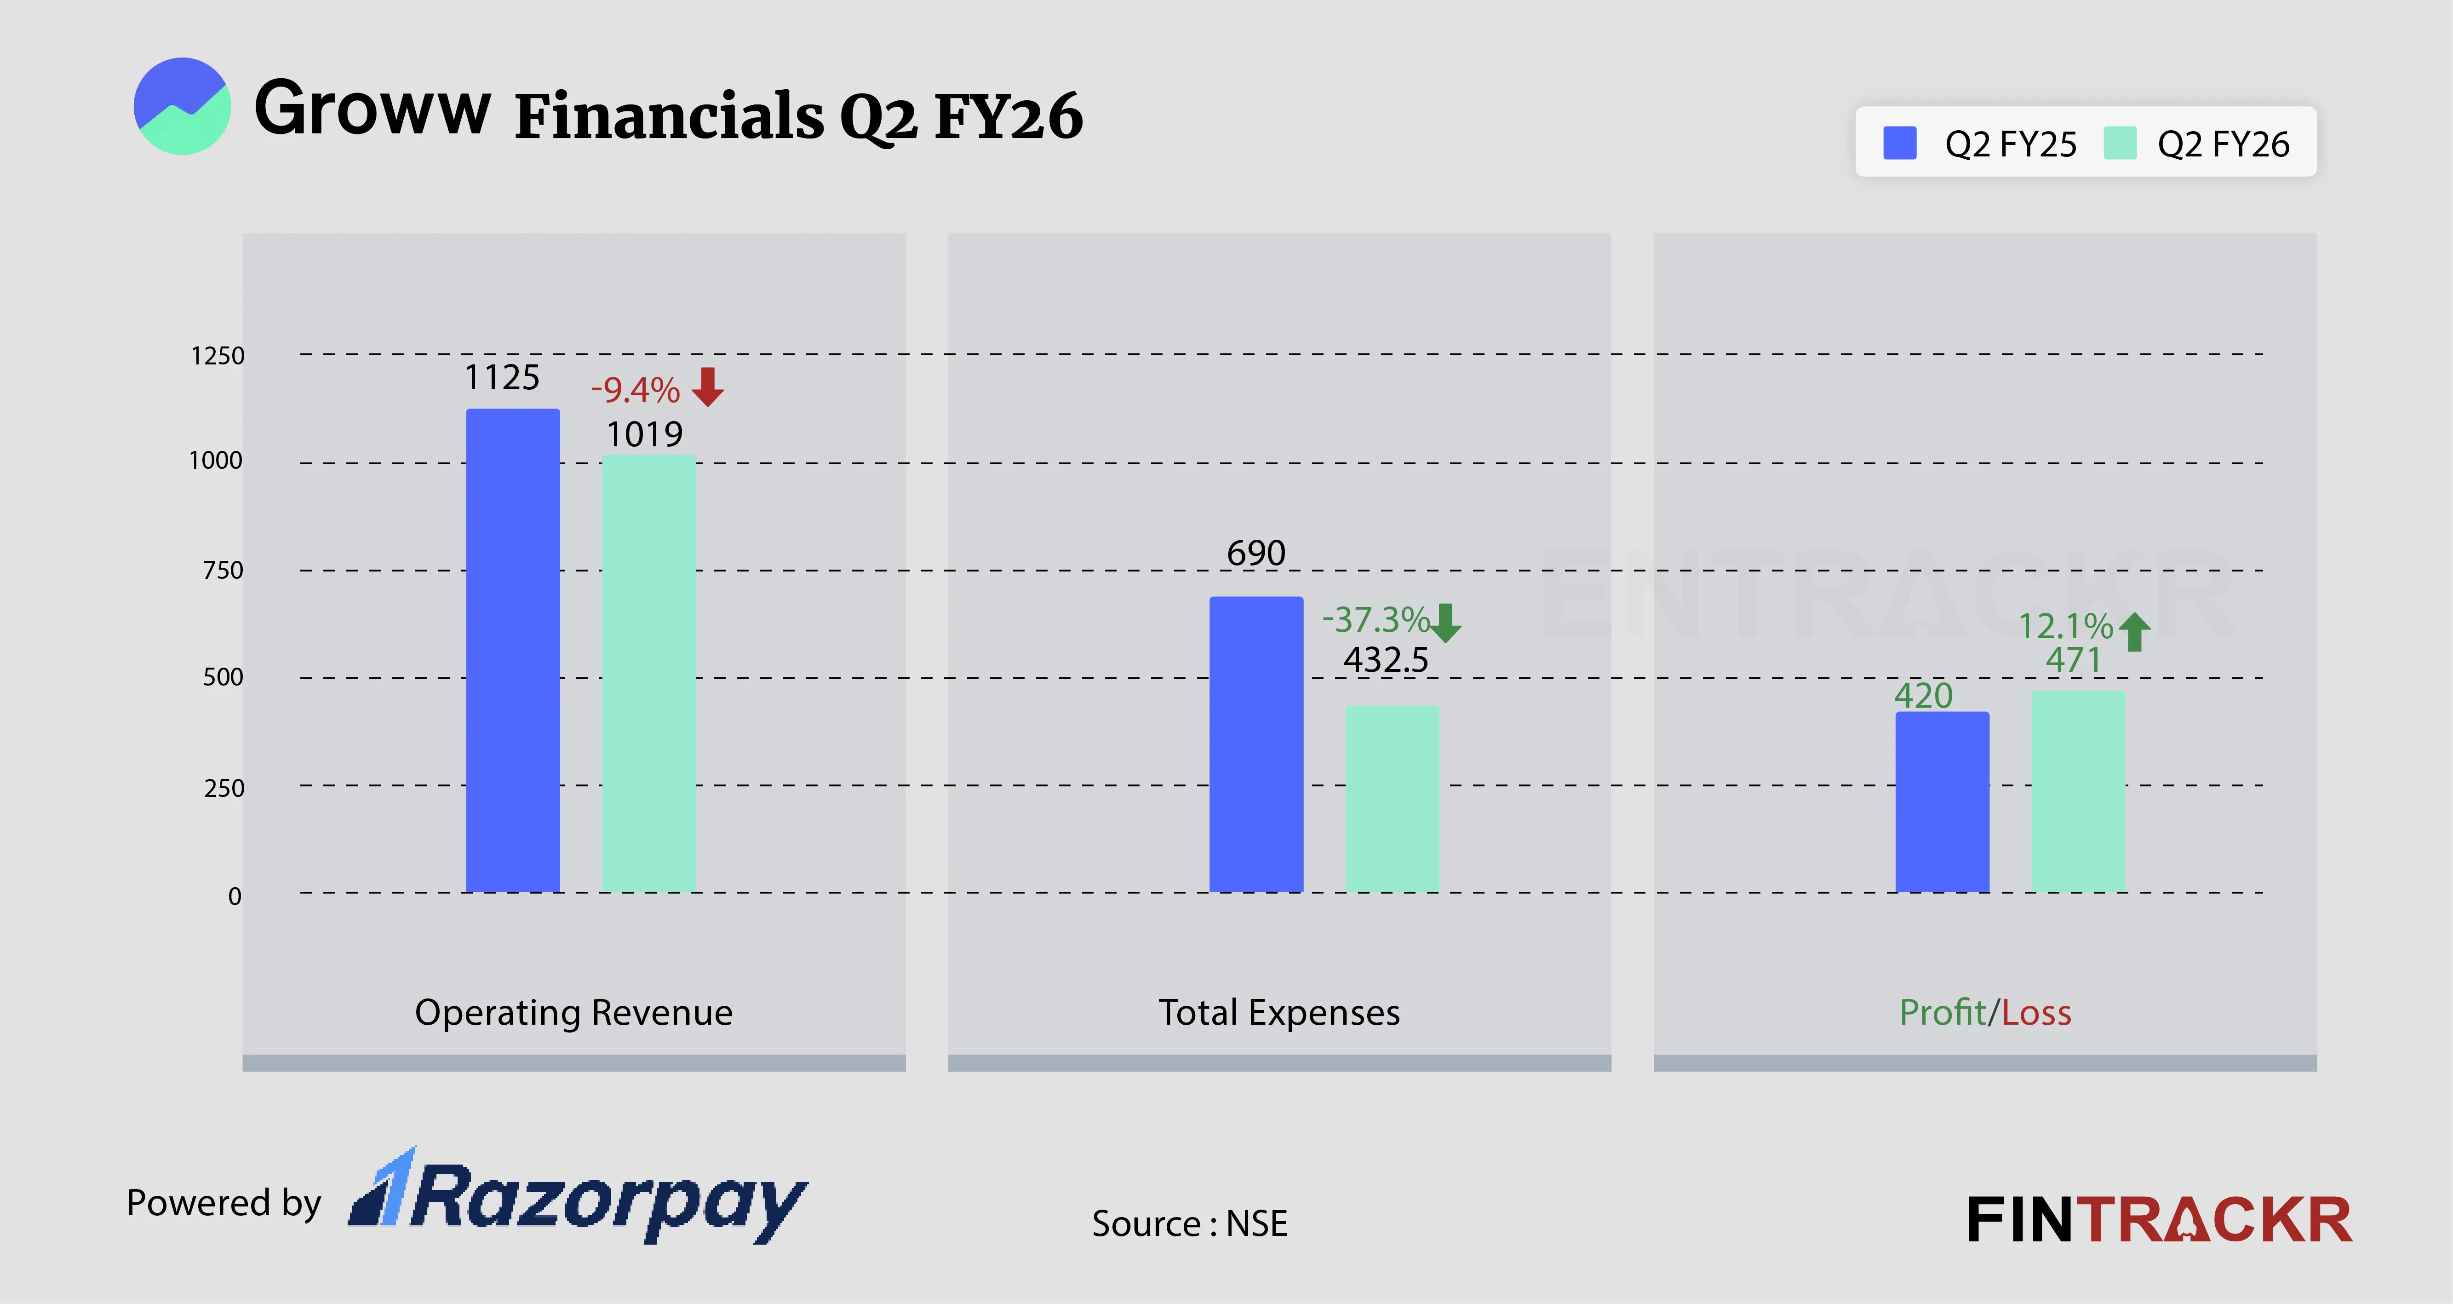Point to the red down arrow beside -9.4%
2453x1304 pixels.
click(x=707, y=387)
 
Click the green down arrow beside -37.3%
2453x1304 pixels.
click(x=1445, y=622)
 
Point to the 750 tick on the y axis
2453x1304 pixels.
click(x=223, y=571)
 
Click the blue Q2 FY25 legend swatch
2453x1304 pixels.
click(x=1900, y=143)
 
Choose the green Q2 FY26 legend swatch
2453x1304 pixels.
click(x=2120, y=143)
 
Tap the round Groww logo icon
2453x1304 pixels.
click(x=182, y=106)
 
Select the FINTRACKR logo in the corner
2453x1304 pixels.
click(x=2159, y=1220)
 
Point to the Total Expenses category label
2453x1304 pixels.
click(x=1279, y=1011)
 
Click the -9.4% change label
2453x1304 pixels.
click(x=635, y=390)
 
